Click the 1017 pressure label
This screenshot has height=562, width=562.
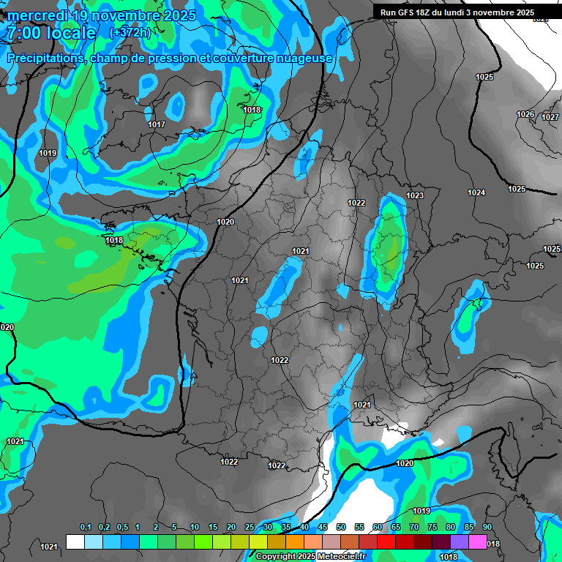point(157,124)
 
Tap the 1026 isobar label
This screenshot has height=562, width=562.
point(525,114)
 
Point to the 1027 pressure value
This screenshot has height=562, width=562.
point(550,117)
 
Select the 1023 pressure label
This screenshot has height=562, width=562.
point(415,195)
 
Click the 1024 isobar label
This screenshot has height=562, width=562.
point(476,192)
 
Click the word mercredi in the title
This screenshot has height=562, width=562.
point(37,15)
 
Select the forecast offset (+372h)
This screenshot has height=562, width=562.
point(130,33)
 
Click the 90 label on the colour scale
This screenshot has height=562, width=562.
point(487,528)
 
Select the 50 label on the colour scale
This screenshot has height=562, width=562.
point(341,528)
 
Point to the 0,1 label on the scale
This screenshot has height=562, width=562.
point(86,528)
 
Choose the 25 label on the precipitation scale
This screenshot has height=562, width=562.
point(250,528)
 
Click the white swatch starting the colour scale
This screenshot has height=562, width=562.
point(75,542)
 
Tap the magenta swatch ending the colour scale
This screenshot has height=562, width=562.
point(478,542)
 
